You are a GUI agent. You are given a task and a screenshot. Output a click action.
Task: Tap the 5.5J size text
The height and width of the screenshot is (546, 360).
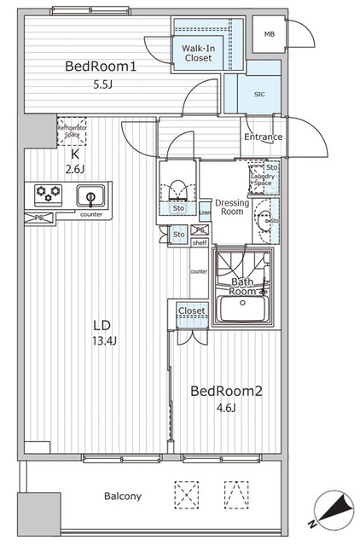102,86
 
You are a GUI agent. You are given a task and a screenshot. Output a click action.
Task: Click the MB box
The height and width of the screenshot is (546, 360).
270,34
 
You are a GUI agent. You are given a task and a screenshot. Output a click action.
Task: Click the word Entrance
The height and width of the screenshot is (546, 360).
264,136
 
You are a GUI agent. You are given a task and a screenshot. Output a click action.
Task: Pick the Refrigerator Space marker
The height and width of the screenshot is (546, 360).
73,130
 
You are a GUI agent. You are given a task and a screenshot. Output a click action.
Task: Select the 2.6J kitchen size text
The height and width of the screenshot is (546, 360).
75,168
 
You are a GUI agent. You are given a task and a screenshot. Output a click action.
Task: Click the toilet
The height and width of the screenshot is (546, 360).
177,189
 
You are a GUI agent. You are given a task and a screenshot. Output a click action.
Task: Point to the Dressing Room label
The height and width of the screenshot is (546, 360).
231,207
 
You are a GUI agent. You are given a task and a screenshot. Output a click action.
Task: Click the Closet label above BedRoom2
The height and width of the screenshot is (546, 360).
192,311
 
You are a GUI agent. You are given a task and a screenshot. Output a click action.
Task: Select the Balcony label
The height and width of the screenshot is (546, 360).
123,496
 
